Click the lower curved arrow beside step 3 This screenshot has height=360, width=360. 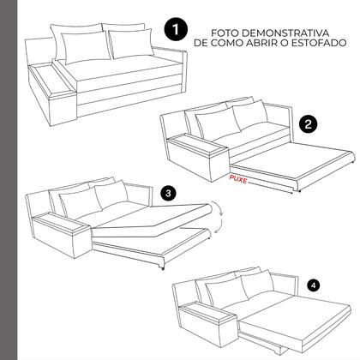pyautogui.click(x=219, y=229)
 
